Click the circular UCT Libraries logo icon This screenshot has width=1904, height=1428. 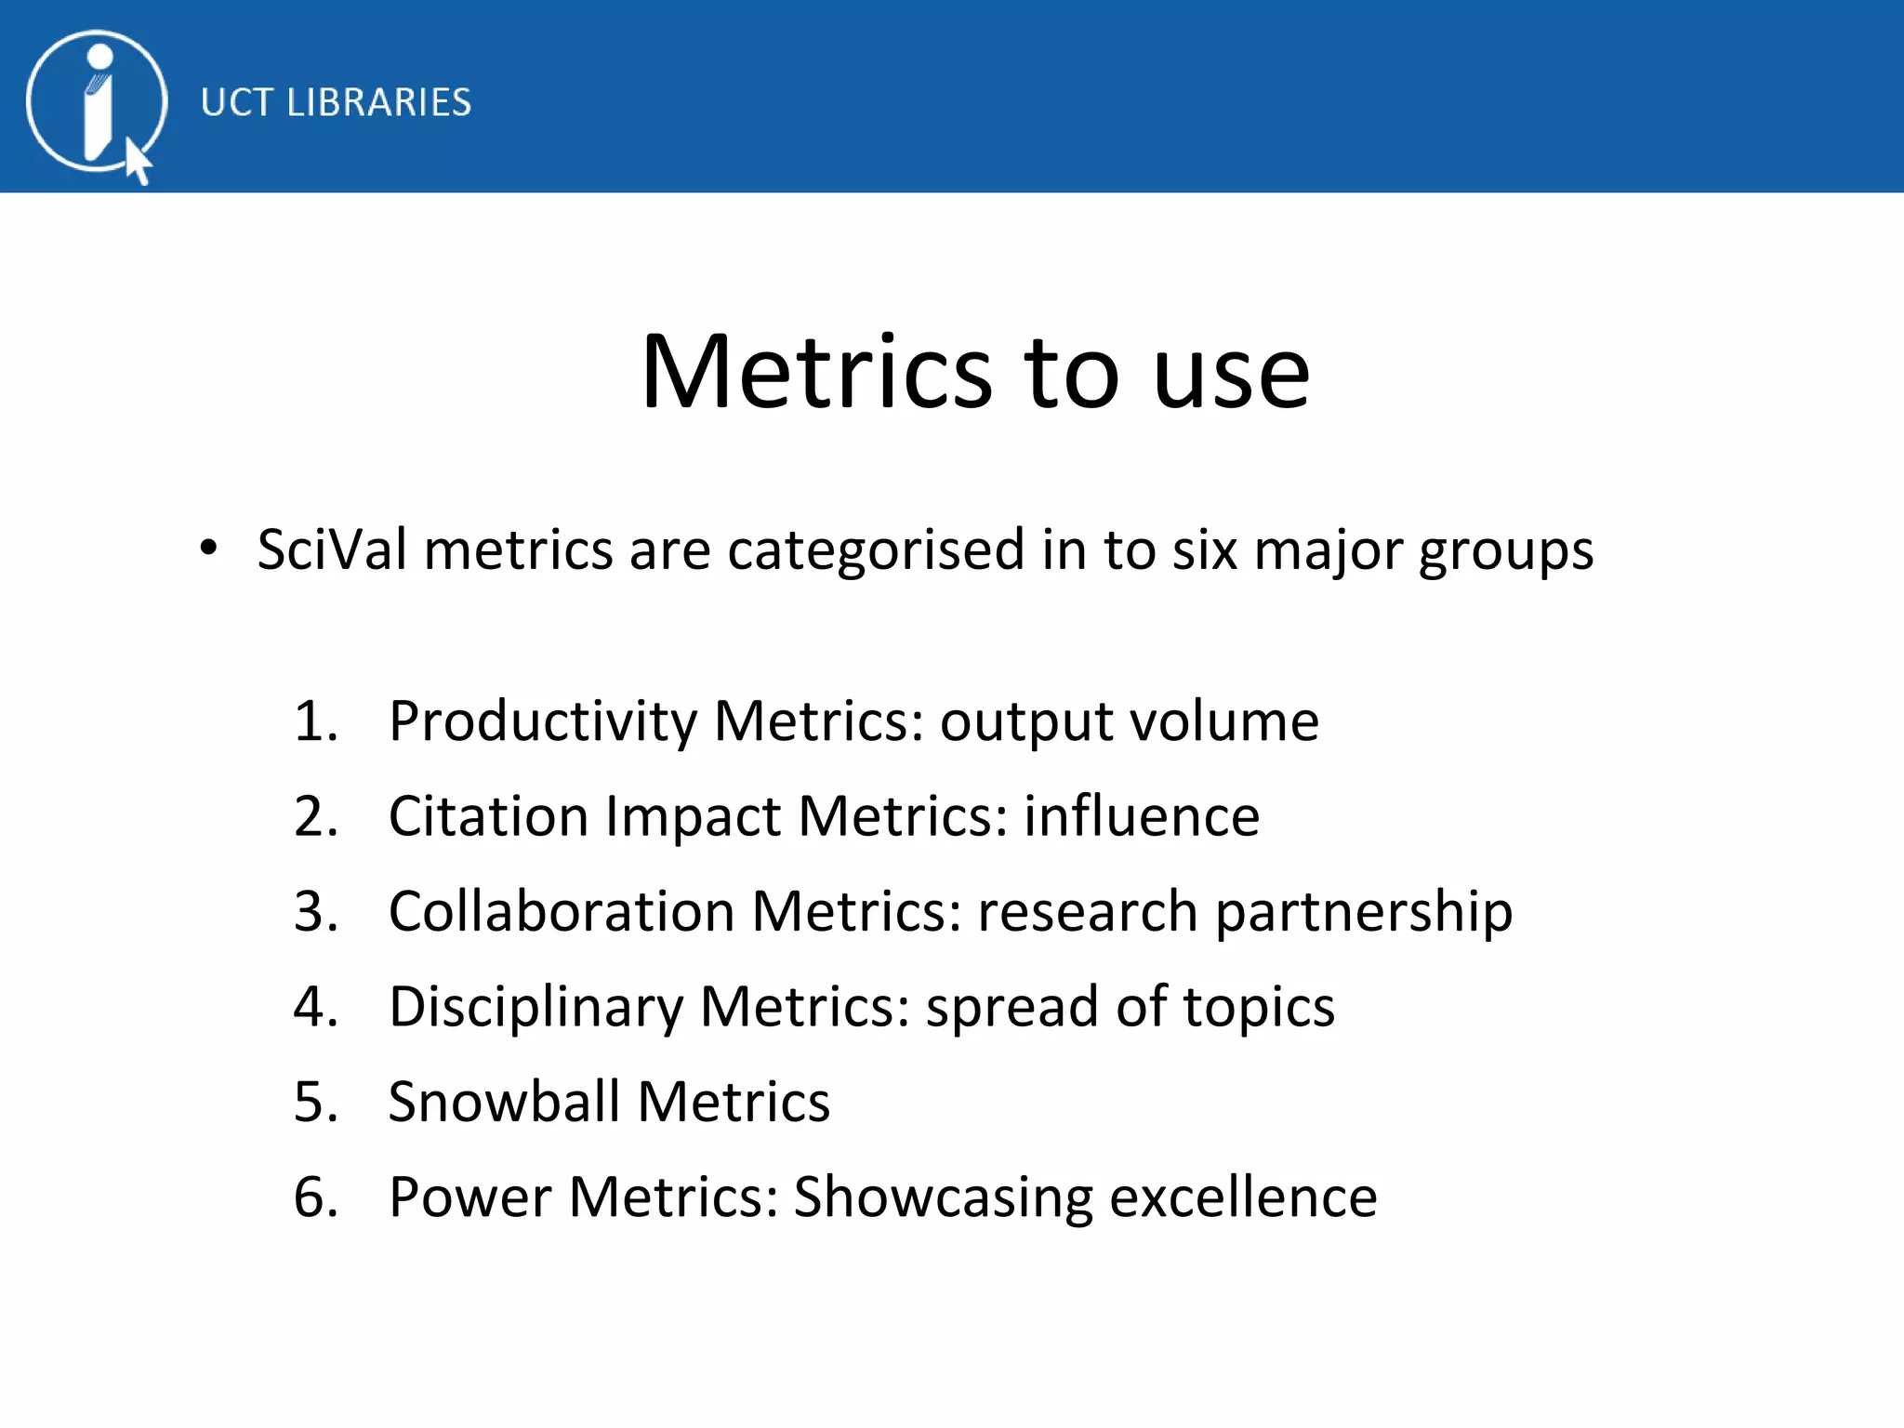(x=97, y=101)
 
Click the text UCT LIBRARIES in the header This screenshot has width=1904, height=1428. (x=336, y=102)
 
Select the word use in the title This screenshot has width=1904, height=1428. (x=1231, y=374)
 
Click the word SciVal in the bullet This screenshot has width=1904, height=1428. (x=332, y=549)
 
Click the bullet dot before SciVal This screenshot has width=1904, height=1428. (x=209, y=549)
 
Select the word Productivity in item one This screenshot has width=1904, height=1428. (x=543, y=721)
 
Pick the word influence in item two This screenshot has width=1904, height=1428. (x=1142, y=816)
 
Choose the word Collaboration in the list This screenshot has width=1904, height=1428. (x=562, y=911)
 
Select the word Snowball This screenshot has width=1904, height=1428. (x=504, y=1103)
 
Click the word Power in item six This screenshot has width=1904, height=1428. (x=469, y=1197)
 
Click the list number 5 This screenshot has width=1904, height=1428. (x=314, y=1103)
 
